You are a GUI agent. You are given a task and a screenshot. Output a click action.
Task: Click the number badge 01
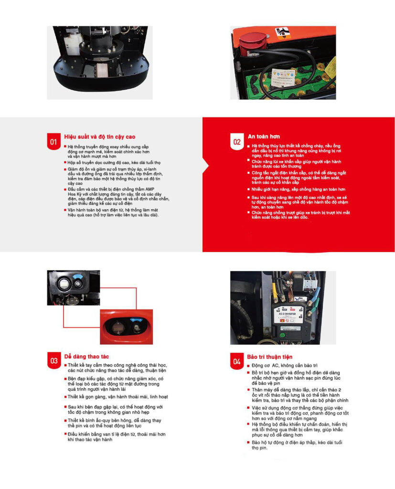54,142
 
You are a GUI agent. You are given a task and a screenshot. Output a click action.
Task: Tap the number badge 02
237,142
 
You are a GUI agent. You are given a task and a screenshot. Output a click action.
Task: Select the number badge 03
54,361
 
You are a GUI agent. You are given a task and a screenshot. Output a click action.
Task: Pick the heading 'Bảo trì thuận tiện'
270,357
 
